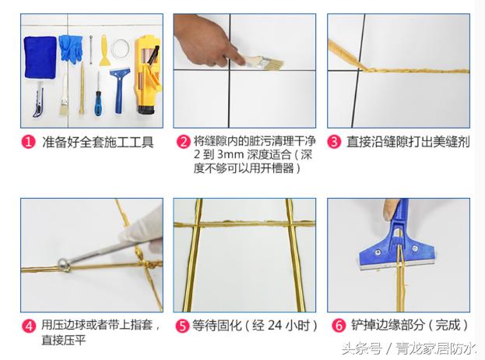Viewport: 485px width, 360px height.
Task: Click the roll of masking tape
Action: coord(118,48)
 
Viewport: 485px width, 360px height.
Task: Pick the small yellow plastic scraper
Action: coord(102,52)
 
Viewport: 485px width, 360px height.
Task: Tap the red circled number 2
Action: coord(183,142)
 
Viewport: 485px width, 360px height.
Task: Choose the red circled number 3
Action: coord(334,142)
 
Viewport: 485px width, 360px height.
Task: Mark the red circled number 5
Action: coord(183,326)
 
